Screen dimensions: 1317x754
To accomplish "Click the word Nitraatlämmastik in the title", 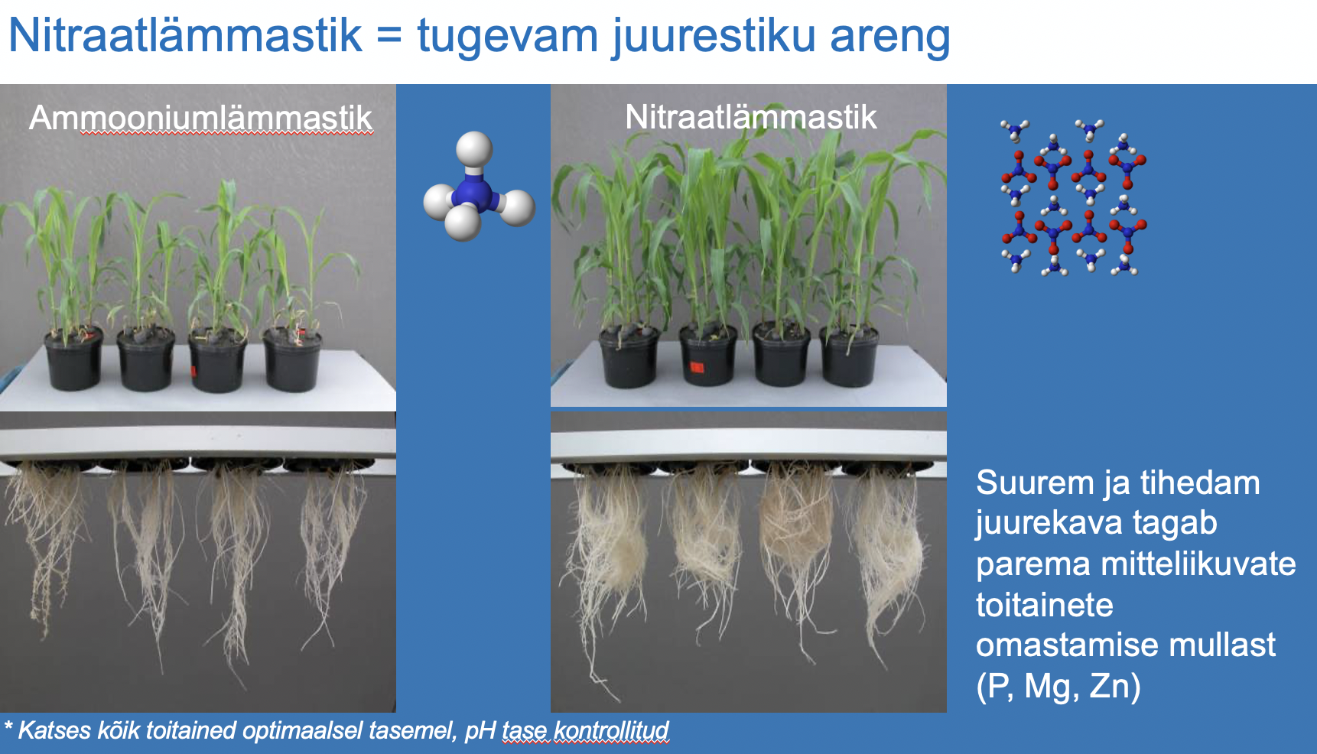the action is coord(185,35).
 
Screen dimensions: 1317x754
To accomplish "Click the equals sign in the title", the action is coord(389,37).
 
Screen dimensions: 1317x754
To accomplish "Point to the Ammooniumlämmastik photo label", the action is coord(200,119).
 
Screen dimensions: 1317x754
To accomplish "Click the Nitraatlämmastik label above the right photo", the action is coord(750,117).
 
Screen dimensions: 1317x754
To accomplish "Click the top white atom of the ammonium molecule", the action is coord(474,148).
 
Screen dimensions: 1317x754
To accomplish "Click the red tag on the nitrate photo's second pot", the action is coord(697,368).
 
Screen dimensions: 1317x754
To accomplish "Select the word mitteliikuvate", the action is coord(1198,564).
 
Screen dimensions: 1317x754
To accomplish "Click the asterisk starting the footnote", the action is coord(8,725).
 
